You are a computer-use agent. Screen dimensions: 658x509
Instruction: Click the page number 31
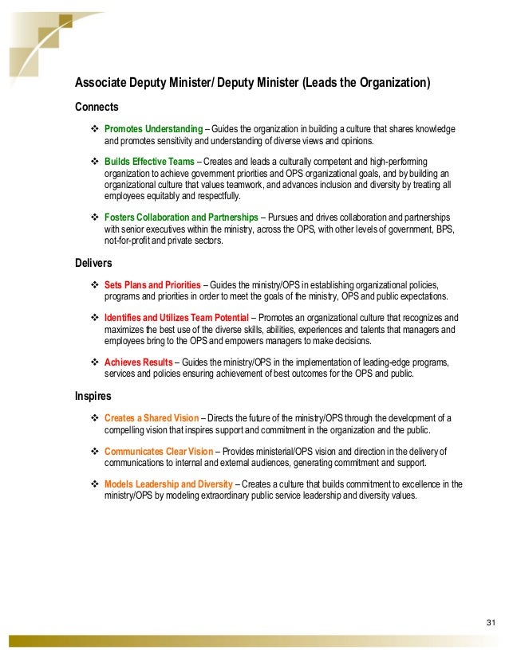click(x=491, y=622)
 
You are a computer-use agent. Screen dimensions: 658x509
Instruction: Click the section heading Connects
click(x=97, y=107)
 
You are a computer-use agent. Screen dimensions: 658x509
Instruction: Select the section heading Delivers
click(x=93, y=262)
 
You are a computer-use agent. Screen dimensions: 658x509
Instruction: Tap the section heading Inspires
click(x=93, y=395)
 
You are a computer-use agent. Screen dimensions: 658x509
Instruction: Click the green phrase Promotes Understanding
click(x=153, y=129)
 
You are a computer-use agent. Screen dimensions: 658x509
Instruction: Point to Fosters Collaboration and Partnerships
click(x=181, y=217)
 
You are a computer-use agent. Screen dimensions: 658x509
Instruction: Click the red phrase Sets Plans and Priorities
click(x=153, y=284)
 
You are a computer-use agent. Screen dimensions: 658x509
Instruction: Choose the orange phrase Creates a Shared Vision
click(x=152, y=418)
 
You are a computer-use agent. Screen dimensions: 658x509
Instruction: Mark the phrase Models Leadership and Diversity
click(x=168, y=484)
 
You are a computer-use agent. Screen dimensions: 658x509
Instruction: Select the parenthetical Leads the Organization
click(x=367, y=83)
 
